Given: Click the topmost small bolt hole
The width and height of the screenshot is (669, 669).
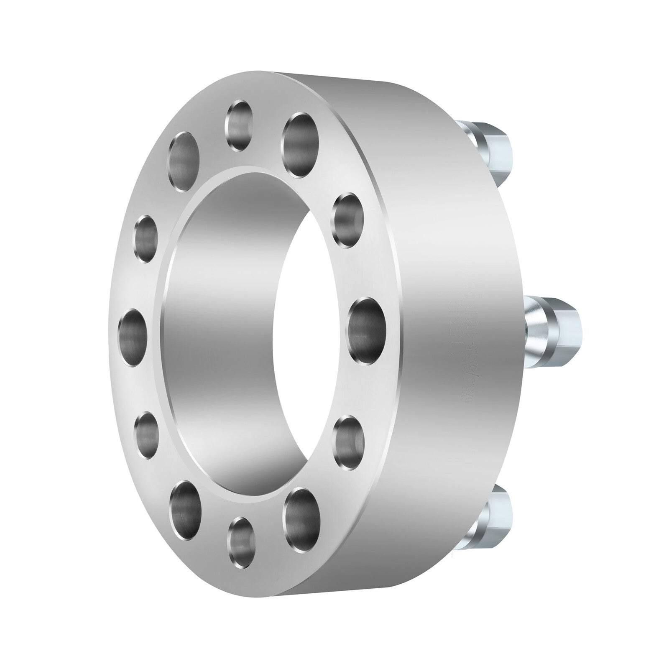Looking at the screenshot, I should click(x=240, y=125).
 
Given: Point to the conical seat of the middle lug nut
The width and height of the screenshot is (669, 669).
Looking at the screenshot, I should click(x=537, y=330).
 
